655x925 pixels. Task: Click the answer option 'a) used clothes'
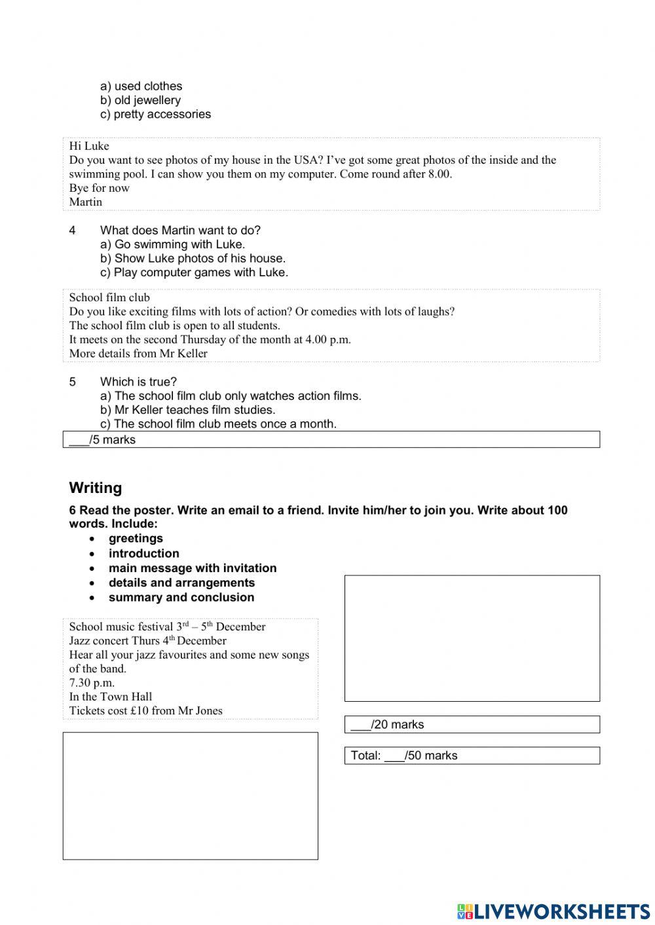[141, 86]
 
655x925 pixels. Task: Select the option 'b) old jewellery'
[140, 100]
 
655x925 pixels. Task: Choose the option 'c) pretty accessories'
[155, 114]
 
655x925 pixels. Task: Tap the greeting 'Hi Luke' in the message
[89, 146]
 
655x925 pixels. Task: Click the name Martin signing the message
[86, 202]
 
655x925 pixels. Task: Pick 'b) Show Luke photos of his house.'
[193, 258]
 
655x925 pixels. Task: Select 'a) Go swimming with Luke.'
[172, 244]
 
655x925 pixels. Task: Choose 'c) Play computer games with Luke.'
[194, 272]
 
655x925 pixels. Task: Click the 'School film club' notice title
[109, 297]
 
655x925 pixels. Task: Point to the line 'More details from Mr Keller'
[138, 354]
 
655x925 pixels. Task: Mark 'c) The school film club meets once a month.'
[218, 424]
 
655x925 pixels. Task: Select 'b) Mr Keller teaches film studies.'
[187, 410]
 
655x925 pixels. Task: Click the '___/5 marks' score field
[102, 440]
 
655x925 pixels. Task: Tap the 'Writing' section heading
[96, 488]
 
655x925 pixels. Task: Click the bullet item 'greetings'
[136, 538]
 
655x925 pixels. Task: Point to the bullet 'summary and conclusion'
[181, 597]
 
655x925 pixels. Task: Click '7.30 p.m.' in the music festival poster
[92, 683]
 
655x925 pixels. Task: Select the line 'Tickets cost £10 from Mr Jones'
[145, 711]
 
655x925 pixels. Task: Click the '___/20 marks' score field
[387, 725]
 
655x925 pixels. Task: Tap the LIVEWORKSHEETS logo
[553, 911]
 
